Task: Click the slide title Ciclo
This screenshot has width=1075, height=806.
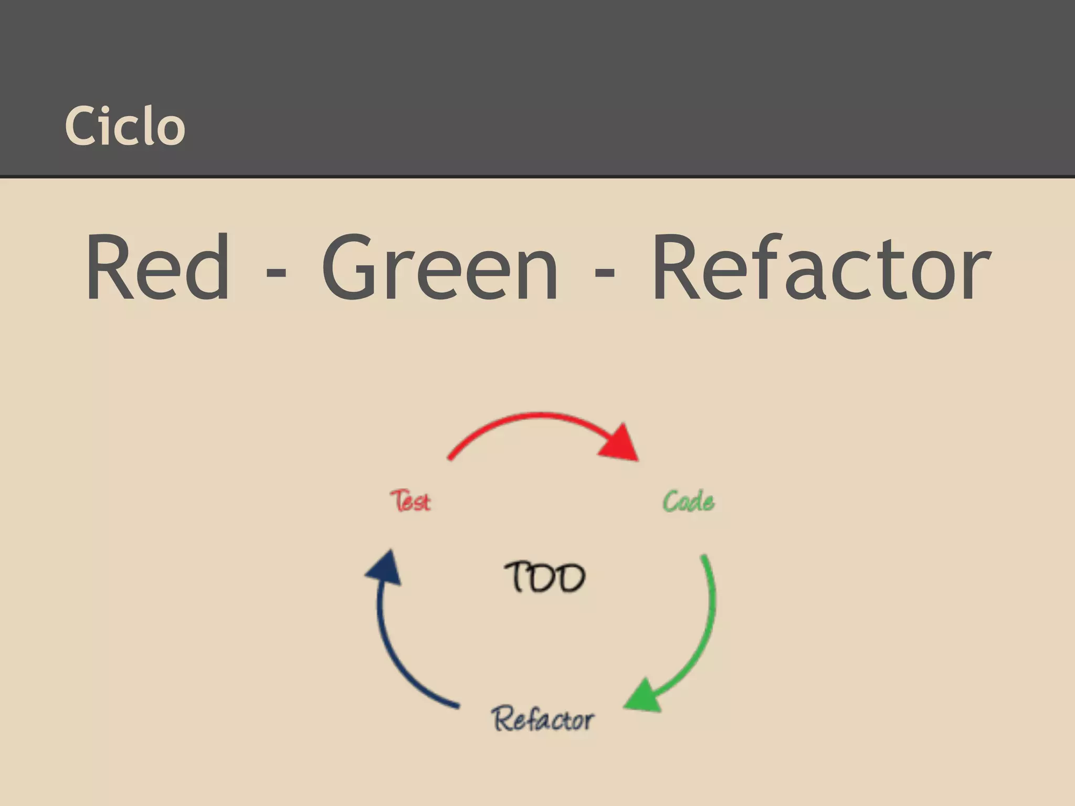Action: tap(125, 125)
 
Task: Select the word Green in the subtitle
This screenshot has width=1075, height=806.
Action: tap(440, 268)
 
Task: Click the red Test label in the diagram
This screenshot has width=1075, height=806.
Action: tap(410, 501)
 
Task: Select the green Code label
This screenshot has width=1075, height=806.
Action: tap(688, 502)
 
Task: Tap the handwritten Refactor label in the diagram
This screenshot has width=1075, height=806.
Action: tap(543, 719)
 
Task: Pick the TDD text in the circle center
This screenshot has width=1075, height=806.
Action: tap(545, 577)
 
